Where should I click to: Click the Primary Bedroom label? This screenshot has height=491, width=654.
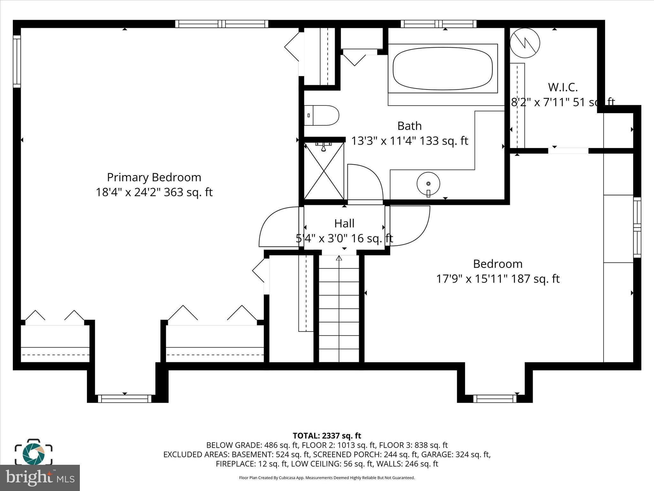154,177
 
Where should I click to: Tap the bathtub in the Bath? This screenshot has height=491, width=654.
443,69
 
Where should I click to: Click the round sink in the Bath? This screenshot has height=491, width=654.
428,184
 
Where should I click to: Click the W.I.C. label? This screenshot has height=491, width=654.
563,87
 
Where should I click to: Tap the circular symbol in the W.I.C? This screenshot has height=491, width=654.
525,43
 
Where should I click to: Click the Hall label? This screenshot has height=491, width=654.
344,223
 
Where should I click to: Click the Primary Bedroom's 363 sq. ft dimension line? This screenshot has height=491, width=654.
154,192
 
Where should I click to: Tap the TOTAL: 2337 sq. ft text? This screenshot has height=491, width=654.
327,436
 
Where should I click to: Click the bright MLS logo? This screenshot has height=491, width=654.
40,478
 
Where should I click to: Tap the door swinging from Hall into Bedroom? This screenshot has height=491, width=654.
410,226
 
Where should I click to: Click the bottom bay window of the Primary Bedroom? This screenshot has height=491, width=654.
125,399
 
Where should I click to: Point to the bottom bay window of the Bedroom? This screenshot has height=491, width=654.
495,399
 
